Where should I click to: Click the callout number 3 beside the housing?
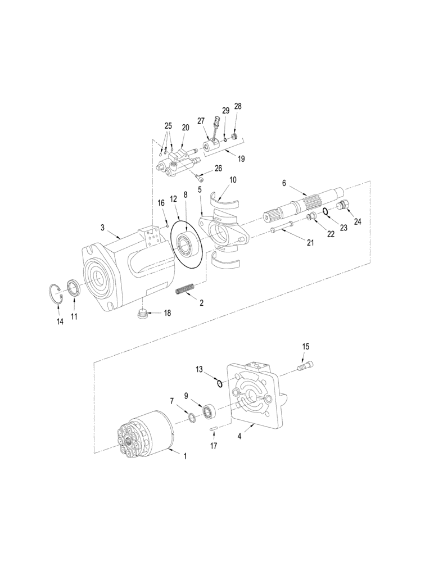pyautogui.click(x=103, y=228)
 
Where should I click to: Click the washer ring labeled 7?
pyautogui.click(x=191, y=418)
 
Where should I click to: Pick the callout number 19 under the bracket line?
pyautogui.click(x=241, y=160)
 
